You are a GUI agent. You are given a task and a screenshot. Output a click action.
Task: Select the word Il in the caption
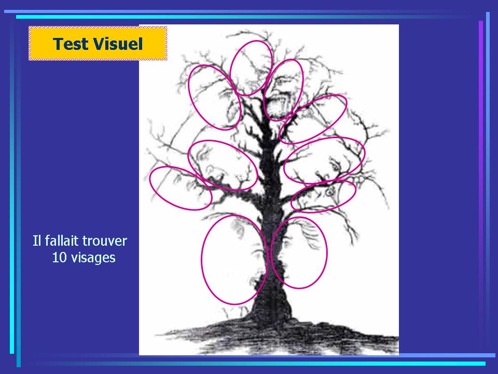37,241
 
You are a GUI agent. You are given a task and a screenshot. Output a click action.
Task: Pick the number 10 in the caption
59,257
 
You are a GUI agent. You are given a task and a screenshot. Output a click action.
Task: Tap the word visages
93,258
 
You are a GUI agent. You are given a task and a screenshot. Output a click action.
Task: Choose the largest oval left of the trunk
202,259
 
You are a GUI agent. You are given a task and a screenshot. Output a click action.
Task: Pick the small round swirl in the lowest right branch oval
330,191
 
